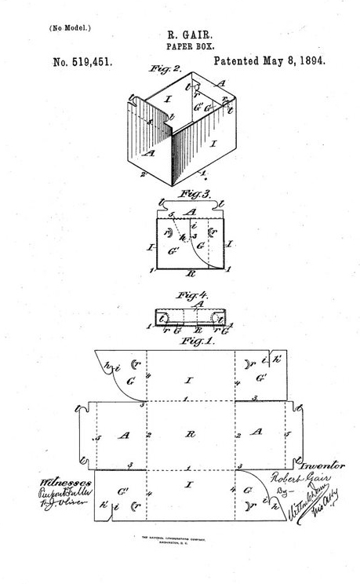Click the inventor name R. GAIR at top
tap(180, 35)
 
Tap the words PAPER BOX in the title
tap(180, 46)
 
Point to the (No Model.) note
tap(71, 27)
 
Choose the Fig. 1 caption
tap(191, 341)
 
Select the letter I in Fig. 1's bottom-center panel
tap(188, 486)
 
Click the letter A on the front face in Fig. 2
tap(148, 153)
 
